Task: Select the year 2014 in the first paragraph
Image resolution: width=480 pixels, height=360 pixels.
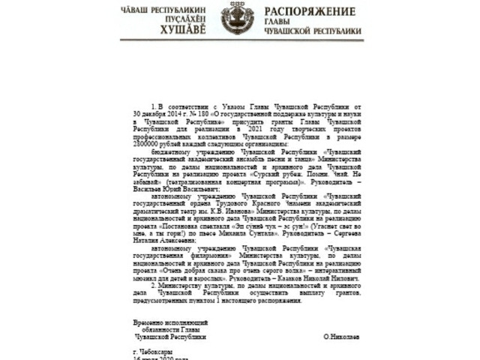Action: tap(175, 114)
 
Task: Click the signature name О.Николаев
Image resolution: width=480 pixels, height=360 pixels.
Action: tap(342, 337)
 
